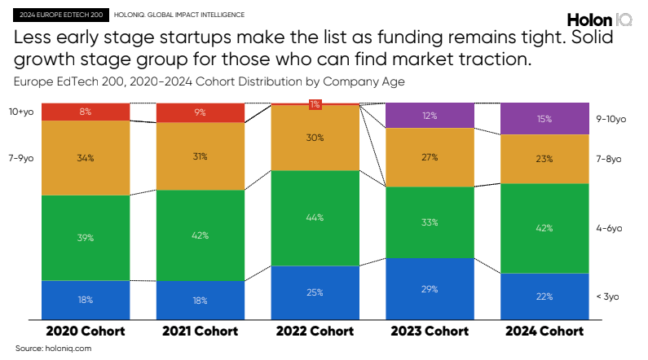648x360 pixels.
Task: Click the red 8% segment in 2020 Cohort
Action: [x=86, y=112]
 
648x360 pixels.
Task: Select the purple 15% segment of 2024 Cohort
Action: [x=544, y=119]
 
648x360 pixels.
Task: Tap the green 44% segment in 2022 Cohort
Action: [x=315, y=218]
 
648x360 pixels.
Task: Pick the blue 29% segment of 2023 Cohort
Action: [x=430, y=289]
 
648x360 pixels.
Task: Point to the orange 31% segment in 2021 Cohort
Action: [x=201, y=156]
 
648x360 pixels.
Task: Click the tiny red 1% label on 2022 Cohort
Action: [x=315, y=104]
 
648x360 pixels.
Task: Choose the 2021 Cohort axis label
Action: [x=201, y=331]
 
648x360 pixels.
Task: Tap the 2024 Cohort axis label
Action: [x=544, y=331]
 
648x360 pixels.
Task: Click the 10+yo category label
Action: [x=21, y=112]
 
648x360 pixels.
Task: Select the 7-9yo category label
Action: [x=21, y=158]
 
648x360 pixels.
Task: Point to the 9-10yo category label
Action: [x=611, y=119]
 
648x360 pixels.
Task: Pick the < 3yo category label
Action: [x=607, y=296]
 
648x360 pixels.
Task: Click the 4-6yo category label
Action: [x=609, y=228]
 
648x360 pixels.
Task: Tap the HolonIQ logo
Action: [x=600, y=20]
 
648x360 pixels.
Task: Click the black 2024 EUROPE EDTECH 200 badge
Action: [x=61, y=15]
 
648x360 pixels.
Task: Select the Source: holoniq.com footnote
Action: [x=53, y=348]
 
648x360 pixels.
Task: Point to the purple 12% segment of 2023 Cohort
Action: [x=430, y=116]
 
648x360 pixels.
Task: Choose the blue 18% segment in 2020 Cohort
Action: [x=86, y=301]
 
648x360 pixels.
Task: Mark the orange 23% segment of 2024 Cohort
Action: [x=544, y=159]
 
